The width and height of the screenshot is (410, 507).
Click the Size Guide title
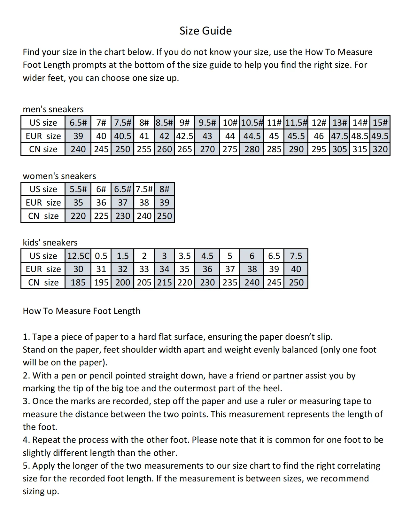tap(205, 31)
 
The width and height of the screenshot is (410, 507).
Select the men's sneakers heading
tap(53, 109)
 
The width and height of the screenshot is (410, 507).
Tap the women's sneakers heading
tap(59, 176)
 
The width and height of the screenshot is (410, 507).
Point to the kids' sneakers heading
tap(50, 243)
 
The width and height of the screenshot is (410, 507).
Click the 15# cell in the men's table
tap(380, 123)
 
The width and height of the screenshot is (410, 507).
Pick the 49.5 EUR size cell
tap(380, 136)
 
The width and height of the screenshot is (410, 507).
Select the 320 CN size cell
tap(380, 149)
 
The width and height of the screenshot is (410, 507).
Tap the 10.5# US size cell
tap(252, 123)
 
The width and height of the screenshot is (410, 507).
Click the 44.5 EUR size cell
tap(252, 136)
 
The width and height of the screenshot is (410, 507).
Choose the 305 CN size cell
tap(339, 149)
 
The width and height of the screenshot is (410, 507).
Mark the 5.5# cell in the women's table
tap(78, 189)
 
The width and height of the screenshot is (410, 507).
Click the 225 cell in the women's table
tap(101, 216)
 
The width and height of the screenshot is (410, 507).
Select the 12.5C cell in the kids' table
tap(78, 256)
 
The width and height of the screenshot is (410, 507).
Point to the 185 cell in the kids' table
tap(78, 283)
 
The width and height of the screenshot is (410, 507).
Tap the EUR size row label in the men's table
tap(43, 136)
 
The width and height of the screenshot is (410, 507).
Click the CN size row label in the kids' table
tap(43, 283)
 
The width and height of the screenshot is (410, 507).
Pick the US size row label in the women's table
tap(43, 189)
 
